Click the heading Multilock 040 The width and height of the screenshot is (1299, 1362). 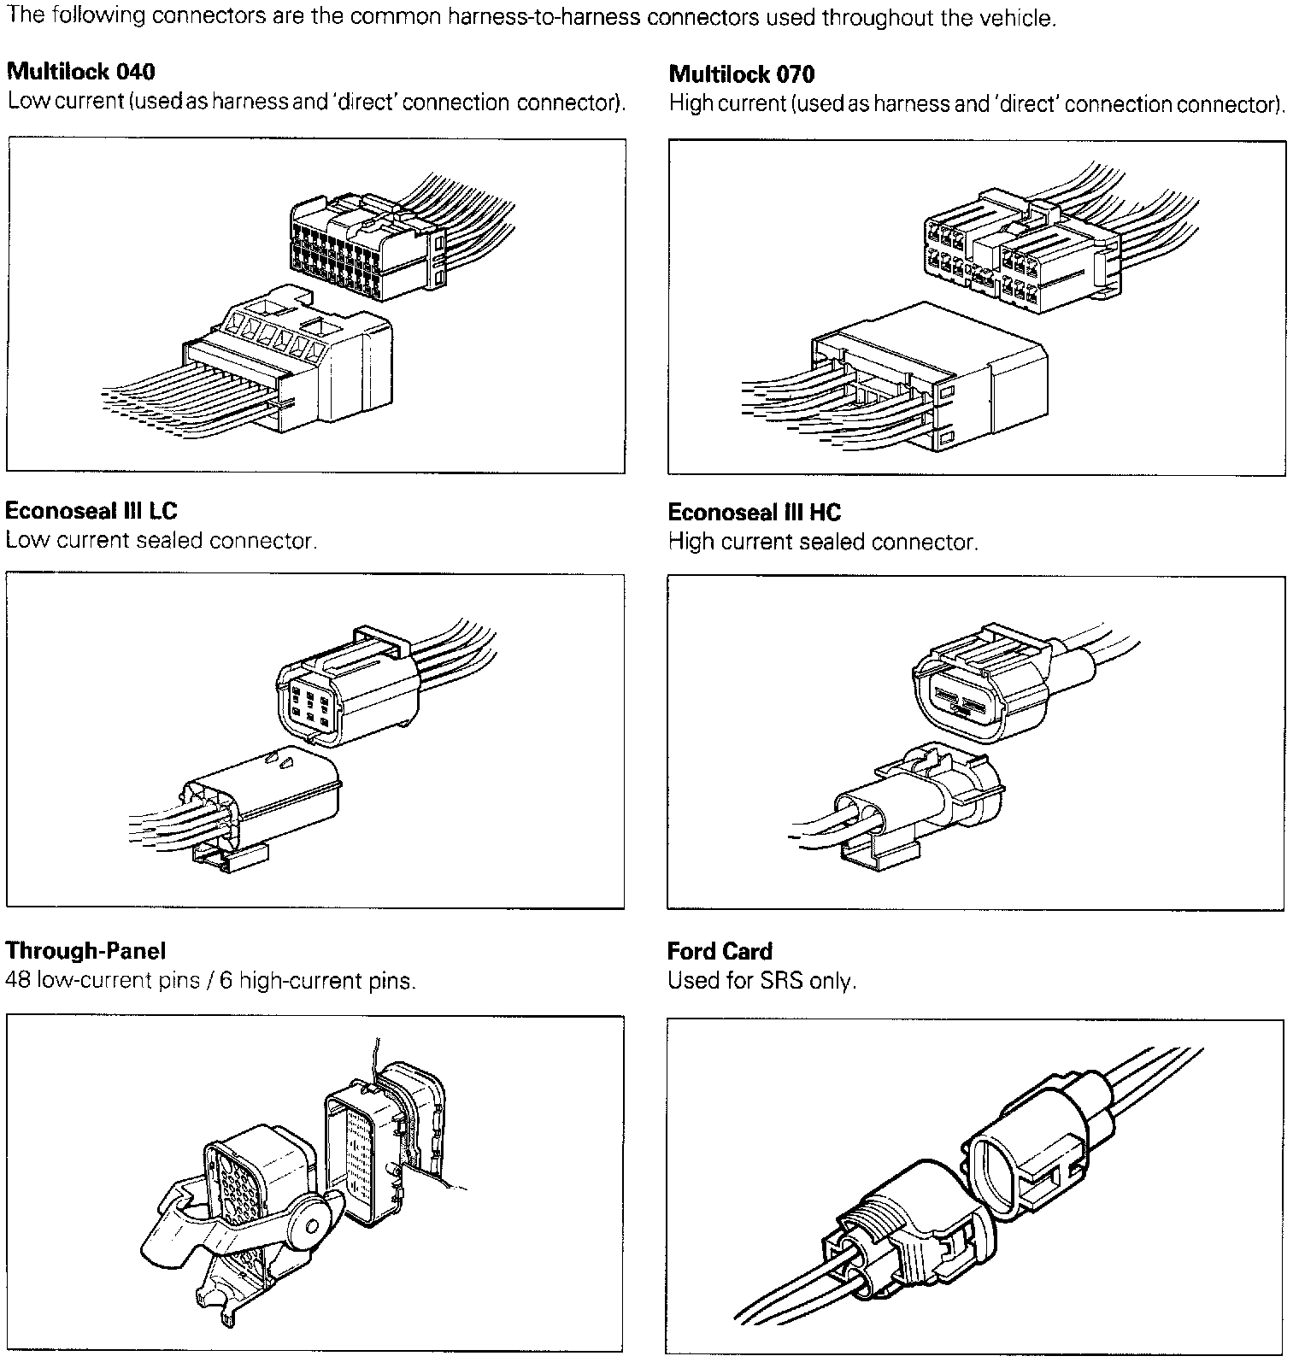click(x=81, y=71)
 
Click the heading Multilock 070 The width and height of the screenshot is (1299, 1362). click(x=742, y=74)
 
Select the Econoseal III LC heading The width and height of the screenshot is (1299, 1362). click(x=91, y=511)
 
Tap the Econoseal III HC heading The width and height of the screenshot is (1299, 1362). click(x=755, y=513)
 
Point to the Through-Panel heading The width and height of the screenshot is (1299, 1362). click(x=85, y=950)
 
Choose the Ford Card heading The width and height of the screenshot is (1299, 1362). click(x=720, y=951)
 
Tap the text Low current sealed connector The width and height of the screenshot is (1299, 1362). click(x=161, y=541)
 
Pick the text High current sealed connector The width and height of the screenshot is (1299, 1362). click(x=823, y=542)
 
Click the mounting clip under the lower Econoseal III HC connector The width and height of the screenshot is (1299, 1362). click(x=880, y=854)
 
